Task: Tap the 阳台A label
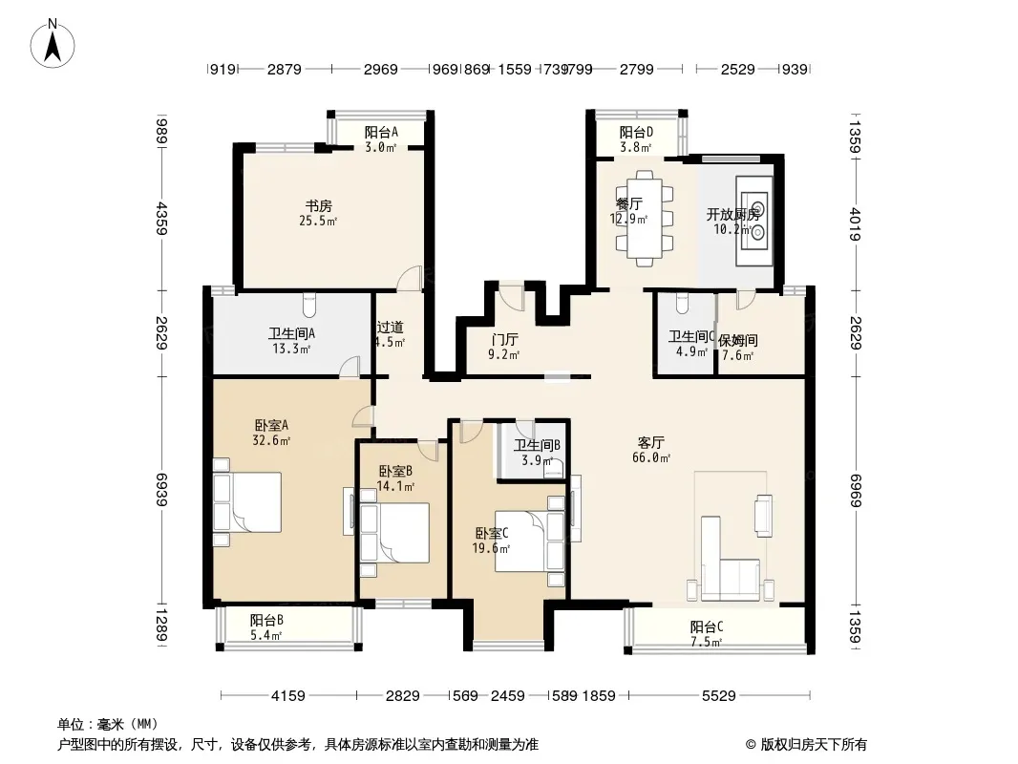[x=381, y=133]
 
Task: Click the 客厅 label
[x=651, y=443]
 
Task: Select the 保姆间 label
[x=737, y=339]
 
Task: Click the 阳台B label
[x=266, y=620]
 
